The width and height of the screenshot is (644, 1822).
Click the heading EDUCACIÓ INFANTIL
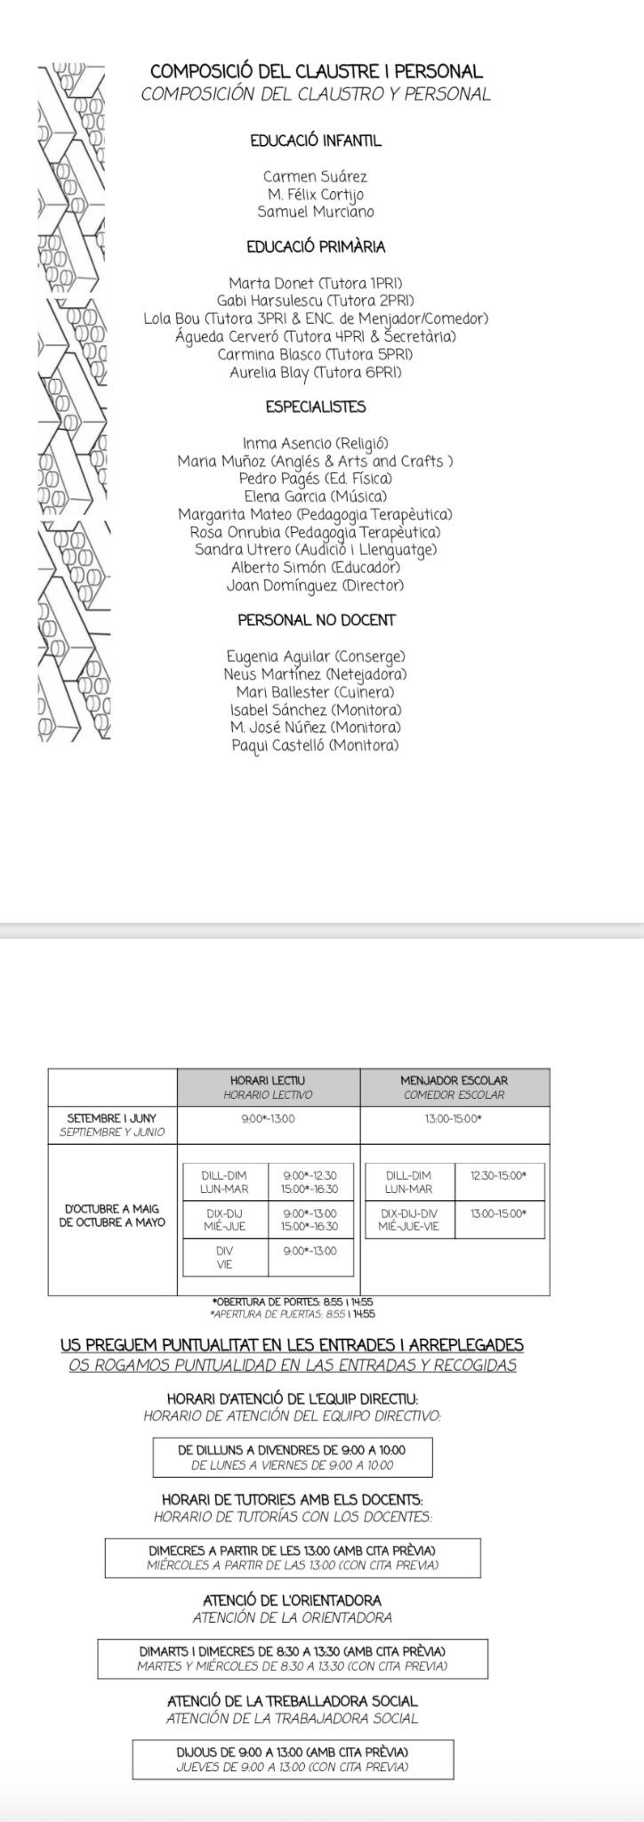coord(315,141)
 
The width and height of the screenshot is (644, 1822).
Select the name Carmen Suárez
coord(315,176)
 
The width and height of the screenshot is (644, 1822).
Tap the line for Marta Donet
coord(315,283)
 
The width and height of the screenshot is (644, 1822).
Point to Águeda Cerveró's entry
coord(315,336)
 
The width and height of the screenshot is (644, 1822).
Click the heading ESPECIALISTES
coord(315,407)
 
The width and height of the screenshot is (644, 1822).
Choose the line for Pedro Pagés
coord(315,479)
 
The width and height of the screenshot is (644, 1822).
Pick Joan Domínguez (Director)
coord(315,585)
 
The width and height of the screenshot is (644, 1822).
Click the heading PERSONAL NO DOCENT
coord(316,620)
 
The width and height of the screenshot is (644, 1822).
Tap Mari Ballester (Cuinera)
coord(315,692)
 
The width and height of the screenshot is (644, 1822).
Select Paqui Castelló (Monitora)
coord(315,746)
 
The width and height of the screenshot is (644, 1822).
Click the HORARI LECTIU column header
coord(268,1087)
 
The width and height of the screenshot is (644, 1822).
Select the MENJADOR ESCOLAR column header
coord(454,1087)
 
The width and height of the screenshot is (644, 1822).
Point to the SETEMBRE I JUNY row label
coord(112,1125)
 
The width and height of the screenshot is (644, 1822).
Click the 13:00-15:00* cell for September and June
coord(454,1119)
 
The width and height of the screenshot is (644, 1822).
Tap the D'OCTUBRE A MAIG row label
coord(112,1215)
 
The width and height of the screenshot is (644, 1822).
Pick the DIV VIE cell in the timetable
coord(224,1257)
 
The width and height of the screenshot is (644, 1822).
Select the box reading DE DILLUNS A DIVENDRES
coord(292,1457)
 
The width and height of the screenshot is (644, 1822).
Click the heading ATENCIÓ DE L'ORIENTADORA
coord(292,1600)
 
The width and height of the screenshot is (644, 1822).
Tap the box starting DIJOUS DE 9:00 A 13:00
coord(292,1759)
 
